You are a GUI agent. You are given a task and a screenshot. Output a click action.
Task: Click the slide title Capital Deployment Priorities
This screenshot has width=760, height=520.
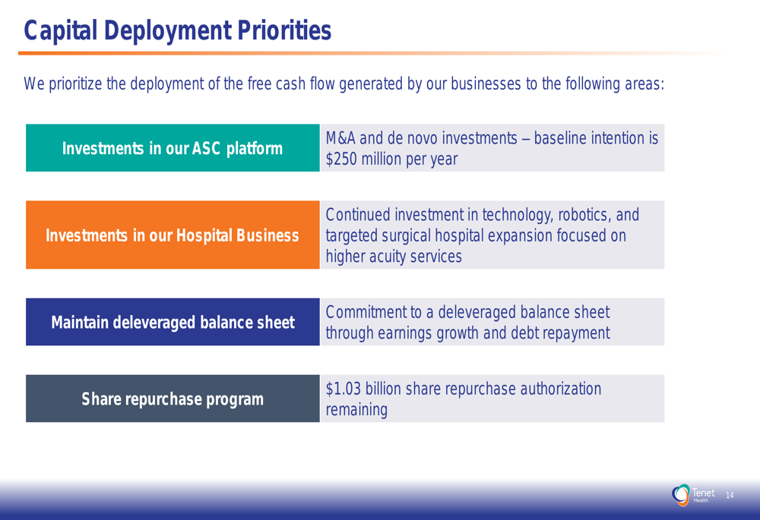click(177, 30)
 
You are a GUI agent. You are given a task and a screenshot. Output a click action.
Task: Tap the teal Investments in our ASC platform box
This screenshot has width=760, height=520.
click(173, 148)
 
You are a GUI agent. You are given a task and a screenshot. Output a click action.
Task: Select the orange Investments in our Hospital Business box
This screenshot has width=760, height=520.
click(173, 235)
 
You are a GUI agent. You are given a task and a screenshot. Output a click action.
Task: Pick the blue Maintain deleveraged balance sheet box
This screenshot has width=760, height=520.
click(173, 322)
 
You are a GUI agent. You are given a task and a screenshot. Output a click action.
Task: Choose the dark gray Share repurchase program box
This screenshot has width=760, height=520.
click(173, 399)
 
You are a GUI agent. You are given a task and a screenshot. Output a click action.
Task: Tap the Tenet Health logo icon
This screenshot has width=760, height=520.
click(680, 495)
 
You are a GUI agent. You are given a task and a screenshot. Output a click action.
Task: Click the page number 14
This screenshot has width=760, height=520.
click(730, 495)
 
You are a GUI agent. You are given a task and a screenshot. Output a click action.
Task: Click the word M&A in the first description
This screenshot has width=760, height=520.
click(340, 138)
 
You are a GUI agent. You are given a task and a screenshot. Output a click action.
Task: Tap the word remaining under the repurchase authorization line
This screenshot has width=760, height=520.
click(356, 410)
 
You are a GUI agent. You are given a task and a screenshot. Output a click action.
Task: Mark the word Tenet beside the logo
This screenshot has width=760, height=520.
click(703, 493)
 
